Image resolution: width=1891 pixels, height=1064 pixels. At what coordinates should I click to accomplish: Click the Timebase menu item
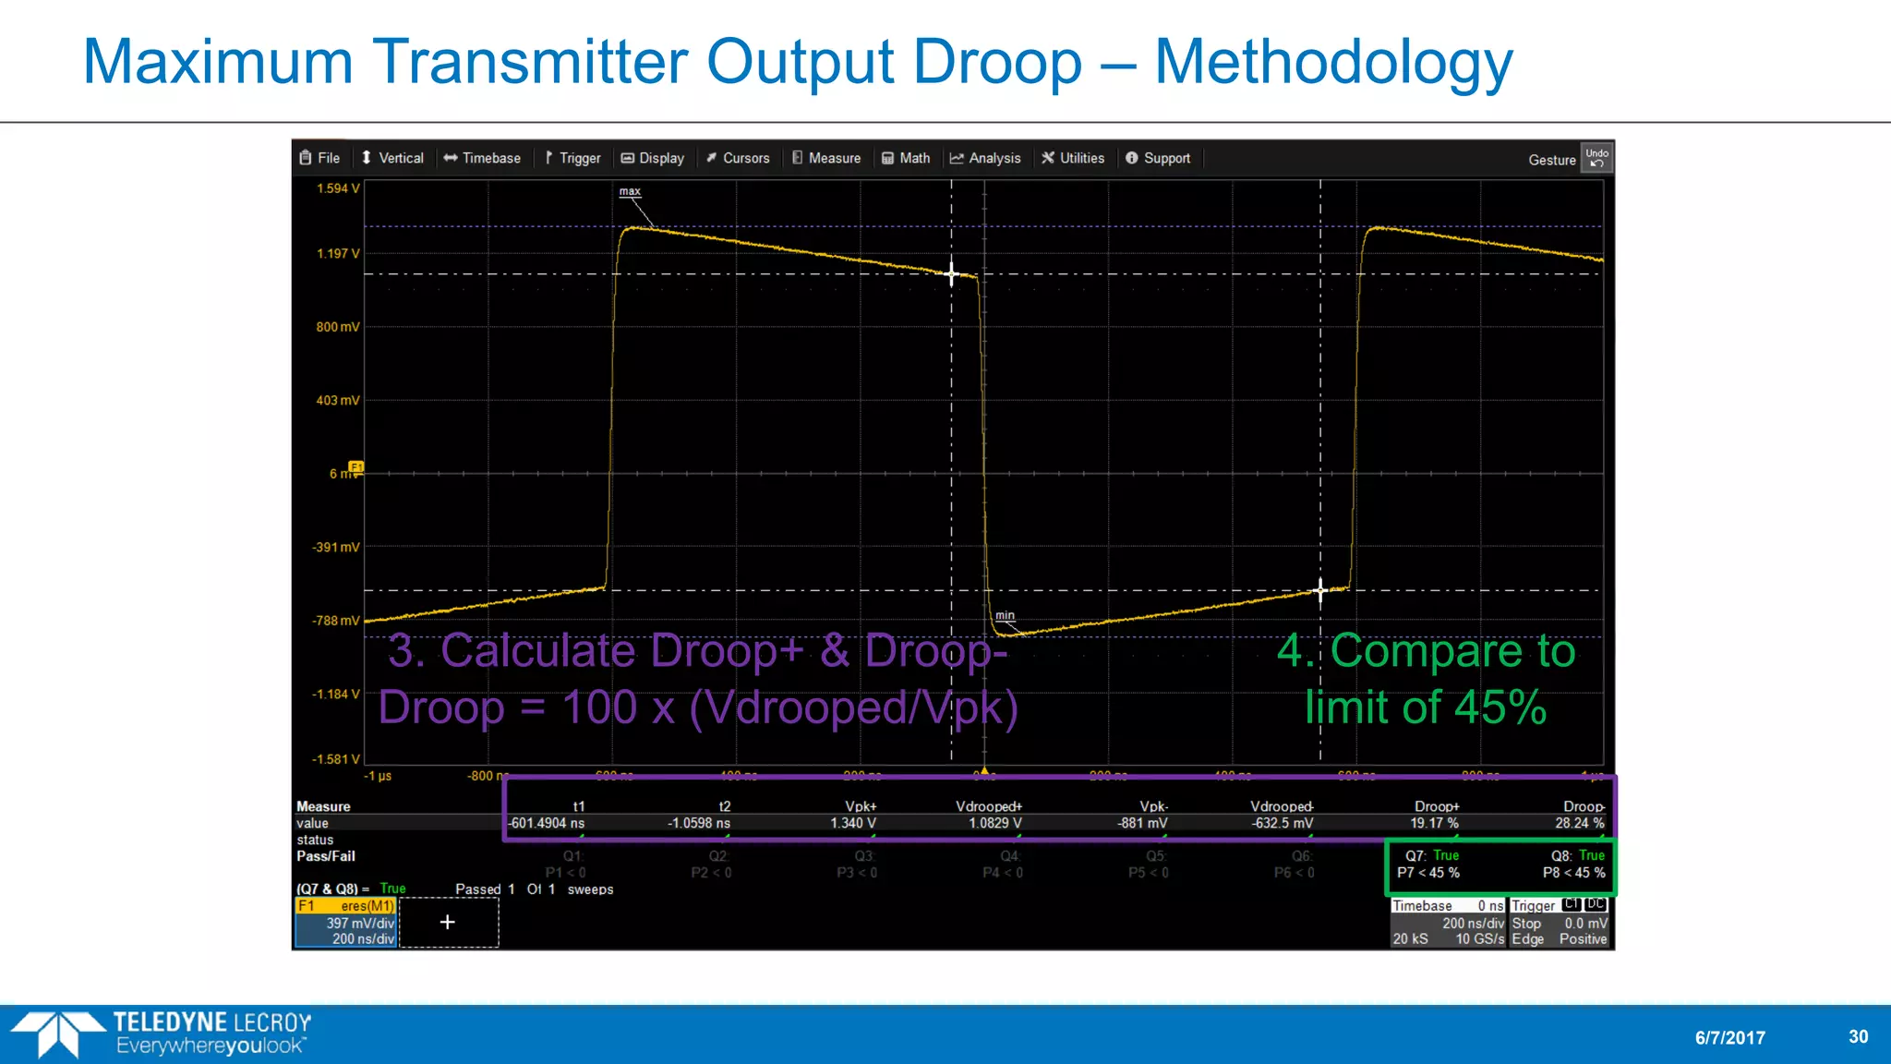pyautogui.click(x=482, y=158)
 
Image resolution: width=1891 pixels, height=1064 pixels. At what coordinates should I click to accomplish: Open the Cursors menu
pyautogui.click(x=738, y=158)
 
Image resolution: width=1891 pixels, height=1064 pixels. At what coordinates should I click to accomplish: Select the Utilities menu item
pyautogui.click(x=1073, y=158)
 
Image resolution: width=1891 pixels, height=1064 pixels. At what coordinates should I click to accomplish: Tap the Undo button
pyautogui.click(x=1596, y=158)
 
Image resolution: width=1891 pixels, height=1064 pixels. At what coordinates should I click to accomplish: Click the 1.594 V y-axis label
pyautogui.click(x=338, y=188)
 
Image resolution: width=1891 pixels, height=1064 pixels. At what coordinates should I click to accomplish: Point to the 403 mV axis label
pyautogui.click(x=338, y=400)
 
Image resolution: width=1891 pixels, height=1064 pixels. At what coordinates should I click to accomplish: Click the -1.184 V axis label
pyautogui.click(x=336, y=694)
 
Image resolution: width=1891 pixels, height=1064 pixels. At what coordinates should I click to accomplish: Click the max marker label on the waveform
pyautogui.click(x=630, y=191)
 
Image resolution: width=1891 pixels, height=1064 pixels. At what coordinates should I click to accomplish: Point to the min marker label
pyautogui.click(x=1005, y=615)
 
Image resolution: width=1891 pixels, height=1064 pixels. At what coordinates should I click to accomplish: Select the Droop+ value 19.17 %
pyautogui.click(x=1434, y=823)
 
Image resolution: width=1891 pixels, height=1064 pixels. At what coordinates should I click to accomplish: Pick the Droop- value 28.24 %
pyautogui.click(x=1579, y=823)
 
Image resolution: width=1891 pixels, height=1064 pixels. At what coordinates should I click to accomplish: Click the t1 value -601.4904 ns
pyautogui.click(x=547, y=823)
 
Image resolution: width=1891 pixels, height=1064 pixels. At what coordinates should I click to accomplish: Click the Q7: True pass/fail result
pyautogui.click(x=1432, y=855)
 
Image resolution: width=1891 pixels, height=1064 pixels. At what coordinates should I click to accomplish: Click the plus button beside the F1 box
pyautogui.click(x=448, y=922)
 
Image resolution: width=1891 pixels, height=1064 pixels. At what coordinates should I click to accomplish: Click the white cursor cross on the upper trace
pyautogui.click(x=952, y=274)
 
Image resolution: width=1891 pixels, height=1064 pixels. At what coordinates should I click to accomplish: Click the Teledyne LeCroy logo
pyautogui.click(x=163, y=1034)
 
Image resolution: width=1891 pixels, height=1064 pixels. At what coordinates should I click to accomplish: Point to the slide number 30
pyautogui.click(x=1858, y=1036)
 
